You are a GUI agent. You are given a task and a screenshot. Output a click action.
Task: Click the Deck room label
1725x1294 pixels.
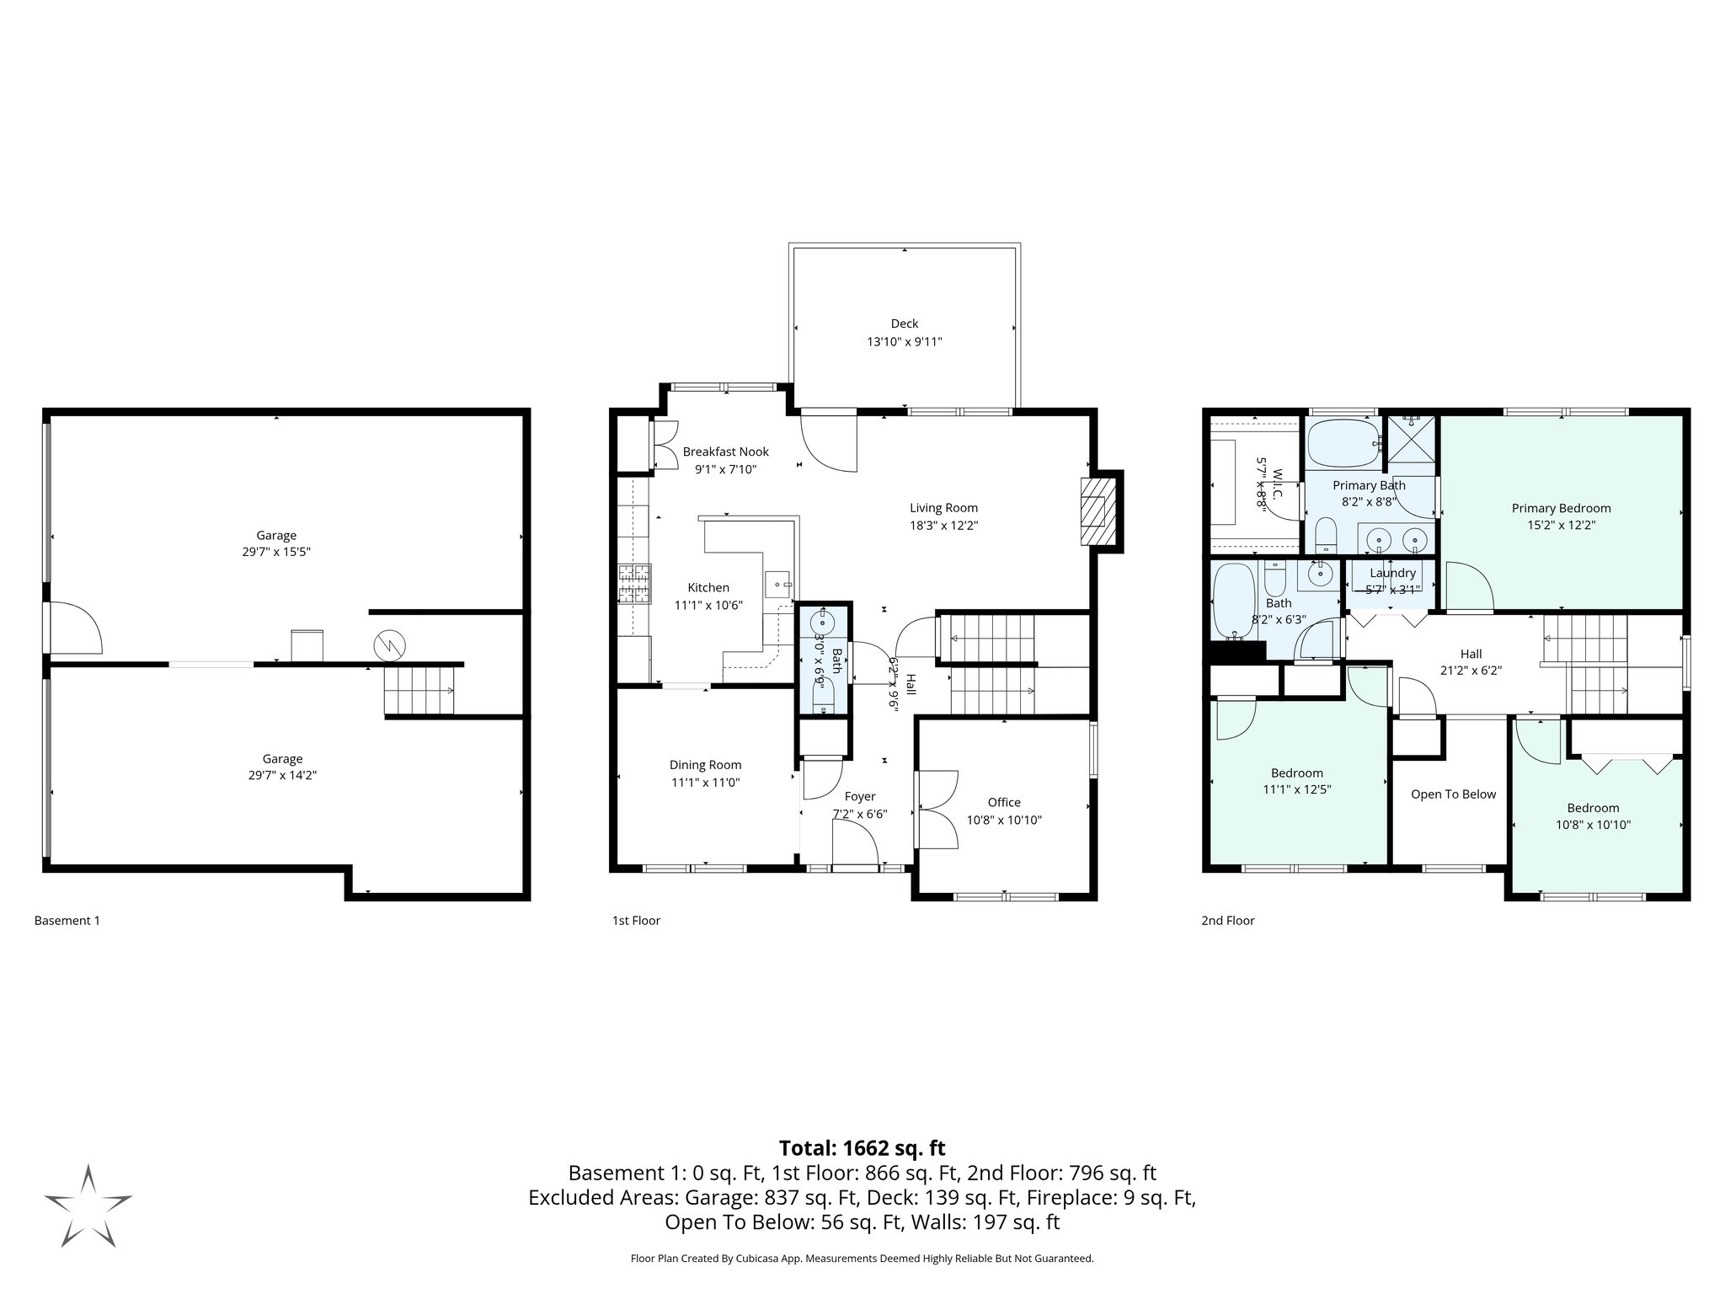904,323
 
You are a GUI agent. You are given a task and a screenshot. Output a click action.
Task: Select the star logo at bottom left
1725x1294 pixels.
88,1206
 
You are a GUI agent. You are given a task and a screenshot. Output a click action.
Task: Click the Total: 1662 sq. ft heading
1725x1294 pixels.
862,1148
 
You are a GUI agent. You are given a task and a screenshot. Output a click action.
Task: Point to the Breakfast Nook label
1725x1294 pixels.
725,452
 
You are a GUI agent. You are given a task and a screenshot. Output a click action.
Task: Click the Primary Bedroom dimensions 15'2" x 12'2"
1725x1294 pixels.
1561,525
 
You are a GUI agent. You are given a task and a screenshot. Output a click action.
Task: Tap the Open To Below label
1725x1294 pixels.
1453,794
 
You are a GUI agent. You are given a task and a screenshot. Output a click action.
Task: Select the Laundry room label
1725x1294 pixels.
1392,573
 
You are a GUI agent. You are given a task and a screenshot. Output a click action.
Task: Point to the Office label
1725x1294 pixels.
1003,802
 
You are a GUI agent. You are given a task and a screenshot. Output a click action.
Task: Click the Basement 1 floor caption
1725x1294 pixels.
67,921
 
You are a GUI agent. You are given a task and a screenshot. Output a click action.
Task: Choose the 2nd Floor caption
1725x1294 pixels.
1227,921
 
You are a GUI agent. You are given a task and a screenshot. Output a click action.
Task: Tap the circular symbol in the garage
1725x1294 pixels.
389,646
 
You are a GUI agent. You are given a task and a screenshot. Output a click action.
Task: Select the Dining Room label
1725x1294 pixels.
705,765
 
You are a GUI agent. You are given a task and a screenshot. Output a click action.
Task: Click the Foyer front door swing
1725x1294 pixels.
856,844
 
